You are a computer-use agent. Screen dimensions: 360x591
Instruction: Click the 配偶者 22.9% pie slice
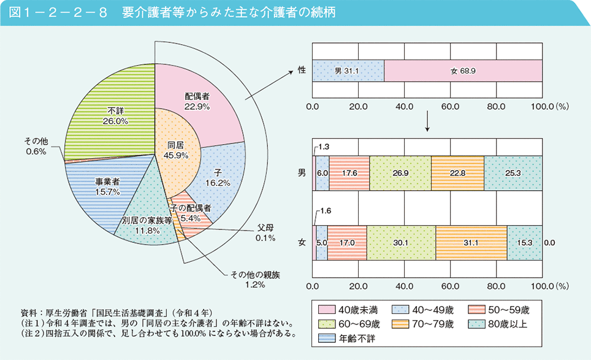197,101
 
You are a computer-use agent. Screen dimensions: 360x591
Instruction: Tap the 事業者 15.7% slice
107,186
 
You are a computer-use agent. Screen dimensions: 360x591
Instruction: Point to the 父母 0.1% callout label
265,233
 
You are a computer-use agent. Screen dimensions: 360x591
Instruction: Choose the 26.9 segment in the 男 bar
400,174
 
